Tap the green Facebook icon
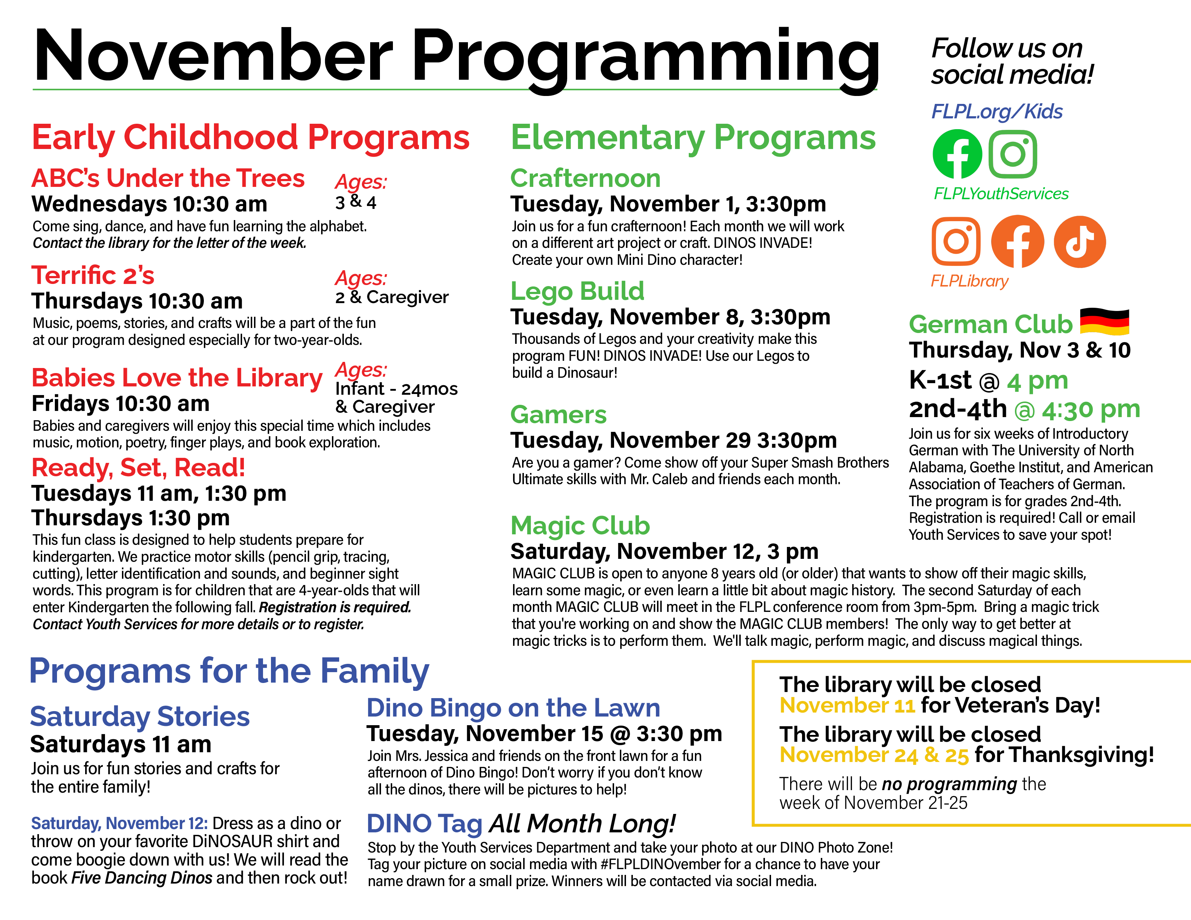[x=957, y=154]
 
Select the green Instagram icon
[x=1013, y=154]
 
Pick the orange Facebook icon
[x=1017, y=242]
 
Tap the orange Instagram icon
[x=956, y=242]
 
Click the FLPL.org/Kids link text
[x=996, y=112]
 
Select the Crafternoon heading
[x=585, y=178]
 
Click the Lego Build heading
[x=577, y=291]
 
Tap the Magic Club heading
[x=580, y=526]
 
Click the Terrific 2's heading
[x=93, y=275]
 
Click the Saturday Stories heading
[x=140, y=717]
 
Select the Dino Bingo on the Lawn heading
[x=513, y=708]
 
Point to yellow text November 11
[x=847, y=706]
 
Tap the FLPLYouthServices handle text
[x=1001, y=194]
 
